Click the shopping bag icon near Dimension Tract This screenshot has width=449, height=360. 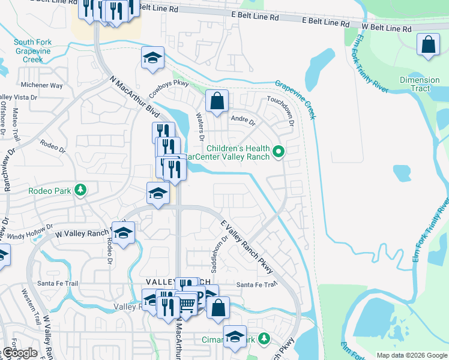coord(427,45)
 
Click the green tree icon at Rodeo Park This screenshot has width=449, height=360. coord(79,191)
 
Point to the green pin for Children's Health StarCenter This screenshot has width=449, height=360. coord(278,153)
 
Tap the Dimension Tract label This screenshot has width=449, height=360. coord(420,84)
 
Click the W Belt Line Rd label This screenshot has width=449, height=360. coord(387,28)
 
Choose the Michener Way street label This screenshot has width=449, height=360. coord(41,85)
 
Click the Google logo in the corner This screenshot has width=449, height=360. coord(19,353)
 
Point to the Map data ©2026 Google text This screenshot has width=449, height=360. coord(411,355)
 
